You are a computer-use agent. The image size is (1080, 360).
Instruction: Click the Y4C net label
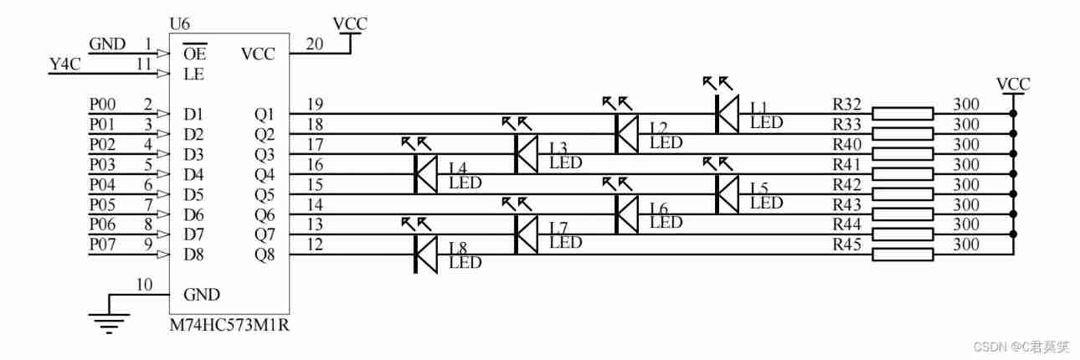tap(66, 64)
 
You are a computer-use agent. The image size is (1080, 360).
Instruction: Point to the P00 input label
tap(103, 104)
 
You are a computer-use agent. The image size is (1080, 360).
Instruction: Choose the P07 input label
tap(103, 244)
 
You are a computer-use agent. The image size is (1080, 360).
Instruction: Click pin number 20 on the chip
tap(314, 44)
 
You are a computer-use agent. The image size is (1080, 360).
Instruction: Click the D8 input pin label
tap(194, 254)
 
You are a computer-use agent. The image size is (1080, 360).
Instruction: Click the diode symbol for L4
tap(425, 174)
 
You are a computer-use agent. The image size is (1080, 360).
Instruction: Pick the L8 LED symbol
tap(425, 255)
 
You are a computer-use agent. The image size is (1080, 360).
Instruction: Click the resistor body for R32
tap(903, 114)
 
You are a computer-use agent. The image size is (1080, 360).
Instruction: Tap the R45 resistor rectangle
tap(903, 255)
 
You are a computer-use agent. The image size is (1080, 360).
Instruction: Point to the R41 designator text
tap(846, 165)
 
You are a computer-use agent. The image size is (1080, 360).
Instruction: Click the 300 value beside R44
tap(966, 225)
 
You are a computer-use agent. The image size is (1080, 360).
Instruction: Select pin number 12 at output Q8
tap(314, 244)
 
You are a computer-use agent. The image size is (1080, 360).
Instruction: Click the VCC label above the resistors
tap(1013, 84)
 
